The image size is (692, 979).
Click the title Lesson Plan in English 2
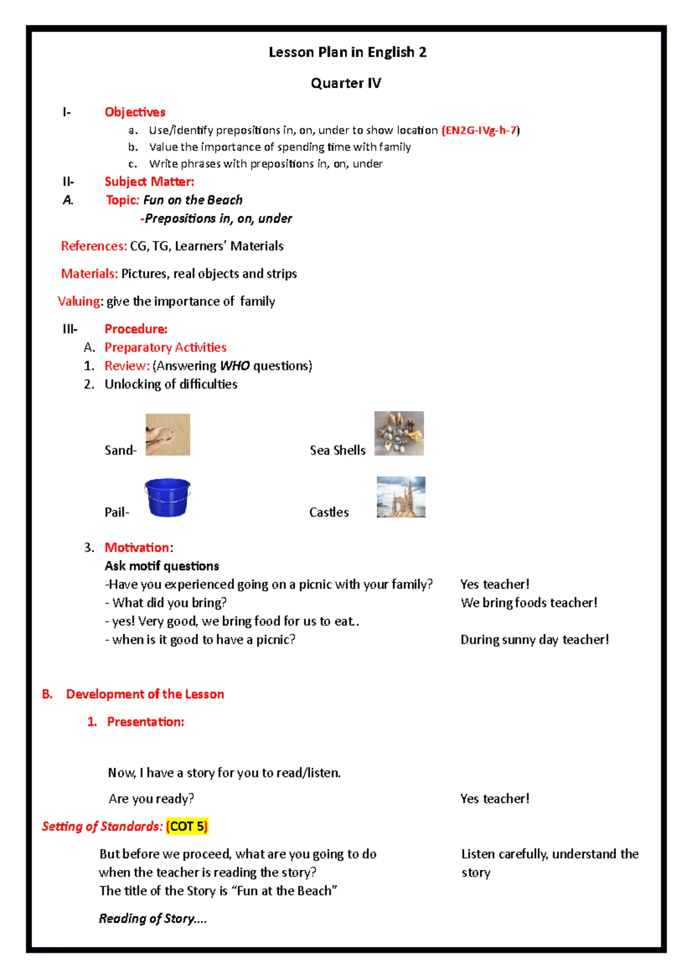click(347, 52)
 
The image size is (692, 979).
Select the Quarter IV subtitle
click(345, 84)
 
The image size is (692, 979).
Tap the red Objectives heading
click(135, 112)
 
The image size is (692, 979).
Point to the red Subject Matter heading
click(149, 182)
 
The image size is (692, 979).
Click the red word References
click(93, 246)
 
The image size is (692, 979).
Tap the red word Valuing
click(79, 302)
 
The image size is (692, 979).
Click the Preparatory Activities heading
click(166, 348)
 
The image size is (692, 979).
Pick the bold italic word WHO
click(235, 366)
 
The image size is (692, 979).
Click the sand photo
click(168, 435)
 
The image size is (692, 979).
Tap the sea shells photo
click(399, 434)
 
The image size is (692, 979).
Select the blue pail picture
click(167, 497)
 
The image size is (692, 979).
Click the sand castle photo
click(401, 497)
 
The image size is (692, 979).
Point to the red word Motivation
click(137, 548)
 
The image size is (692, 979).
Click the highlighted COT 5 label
click(187, 826)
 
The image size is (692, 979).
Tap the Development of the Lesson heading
click(145, 694)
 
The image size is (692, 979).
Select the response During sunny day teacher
click(535, 639)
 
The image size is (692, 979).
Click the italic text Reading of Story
click(152, 918)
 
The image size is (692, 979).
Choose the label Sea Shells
click(337, 450)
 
